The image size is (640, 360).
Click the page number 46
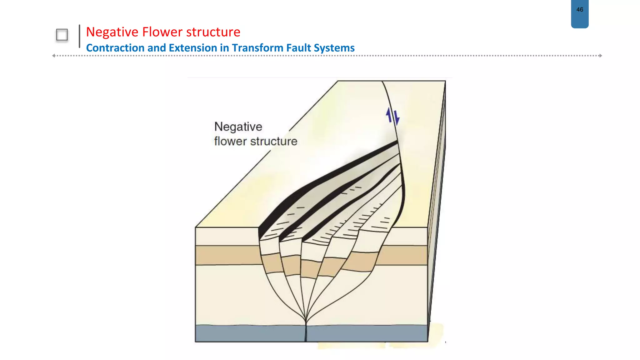[580, 10]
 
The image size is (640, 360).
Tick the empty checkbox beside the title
[62, 35]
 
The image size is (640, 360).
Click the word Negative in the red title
[112, 32]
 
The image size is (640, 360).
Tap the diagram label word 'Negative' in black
[238, 127]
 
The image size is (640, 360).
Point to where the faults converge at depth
[306, 320]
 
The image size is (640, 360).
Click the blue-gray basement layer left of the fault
[250, 333]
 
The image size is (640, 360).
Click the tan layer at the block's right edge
[406, 255]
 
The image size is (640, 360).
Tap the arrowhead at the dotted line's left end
[54, 56]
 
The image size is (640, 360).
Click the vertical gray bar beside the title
[79, 36]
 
